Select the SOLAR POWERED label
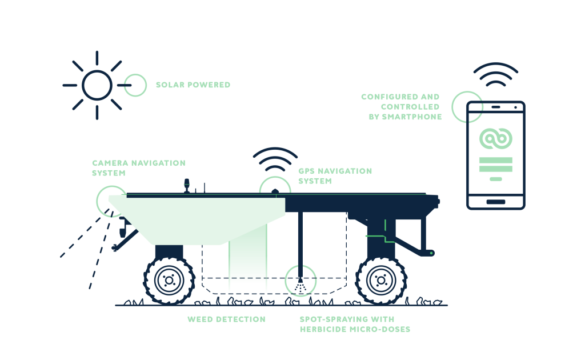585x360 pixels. point(193,85)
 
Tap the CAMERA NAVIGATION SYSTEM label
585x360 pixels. point(139,168)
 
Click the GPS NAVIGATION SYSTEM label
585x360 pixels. point(335,176)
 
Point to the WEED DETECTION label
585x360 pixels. point(226,319)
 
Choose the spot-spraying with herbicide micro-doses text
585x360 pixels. point(355,324)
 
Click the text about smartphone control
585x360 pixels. point(402,107)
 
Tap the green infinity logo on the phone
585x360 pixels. point(496,138)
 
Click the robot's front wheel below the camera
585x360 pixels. point(169,281)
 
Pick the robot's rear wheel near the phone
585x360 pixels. point(381,281)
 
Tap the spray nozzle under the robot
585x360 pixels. point(300,280)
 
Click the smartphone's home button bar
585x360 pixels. point(496,202)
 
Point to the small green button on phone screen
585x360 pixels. point(496,179)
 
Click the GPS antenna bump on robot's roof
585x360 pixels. point(275,191)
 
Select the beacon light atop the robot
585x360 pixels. point(187,185)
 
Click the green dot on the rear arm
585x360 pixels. point(432,253)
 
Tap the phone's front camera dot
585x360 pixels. point(516,107)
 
